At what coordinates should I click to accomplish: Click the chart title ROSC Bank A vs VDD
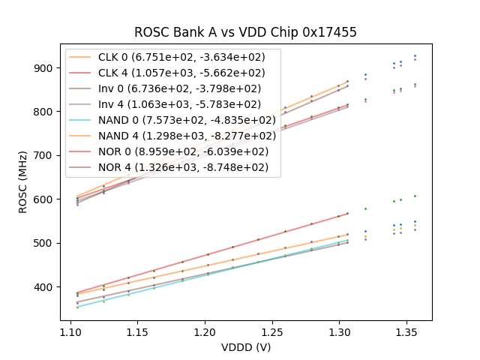coord(245,32)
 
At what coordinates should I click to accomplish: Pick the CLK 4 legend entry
coord(181,73)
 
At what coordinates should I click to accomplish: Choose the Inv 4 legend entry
coord(180,104)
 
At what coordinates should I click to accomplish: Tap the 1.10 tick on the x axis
coord(71,331)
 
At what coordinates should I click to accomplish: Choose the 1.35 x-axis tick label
coord(406,331)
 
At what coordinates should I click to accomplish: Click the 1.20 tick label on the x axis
coord(205,331)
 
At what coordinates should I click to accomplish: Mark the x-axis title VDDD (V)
coord(245,346)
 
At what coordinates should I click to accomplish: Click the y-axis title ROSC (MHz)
coord(24,181)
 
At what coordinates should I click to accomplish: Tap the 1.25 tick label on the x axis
coord(272,331)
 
